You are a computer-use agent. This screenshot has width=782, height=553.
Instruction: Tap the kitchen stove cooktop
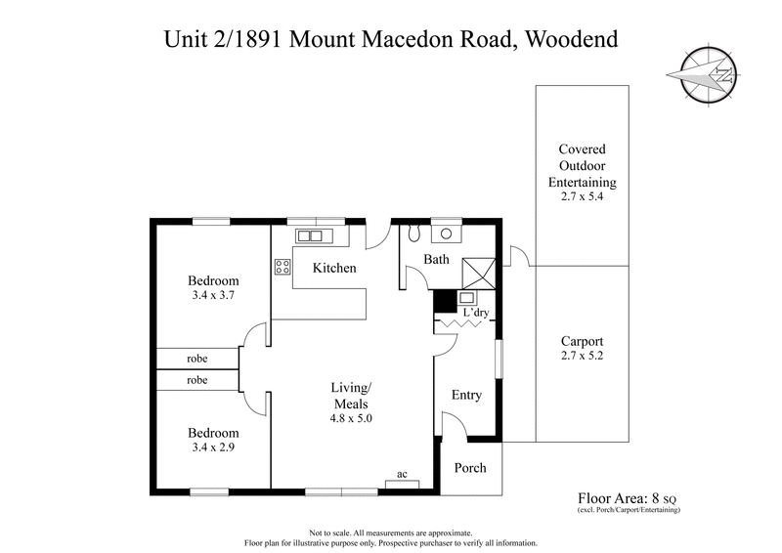click(x=282, y=268)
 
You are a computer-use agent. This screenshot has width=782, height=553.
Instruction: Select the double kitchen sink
click(x=310, y=235)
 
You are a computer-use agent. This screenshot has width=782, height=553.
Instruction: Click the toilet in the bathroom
click(x=413, y=234)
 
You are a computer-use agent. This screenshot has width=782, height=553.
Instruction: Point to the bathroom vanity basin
click(x=448, y=234)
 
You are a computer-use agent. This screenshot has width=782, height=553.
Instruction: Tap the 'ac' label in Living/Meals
click(x=401, y=475)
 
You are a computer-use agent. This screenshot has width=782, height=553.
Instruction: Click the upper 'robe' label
click(x=196, y=359)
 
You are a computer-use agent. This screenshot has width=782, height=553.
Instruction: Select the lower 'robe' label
click(x=196, y=381)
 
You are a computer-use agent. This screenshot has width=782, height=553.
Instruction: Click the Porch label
click(x=470, y=468)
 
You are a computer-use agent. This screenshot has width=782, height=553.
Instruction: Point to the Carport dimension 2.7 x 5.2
click(x=582, y=358)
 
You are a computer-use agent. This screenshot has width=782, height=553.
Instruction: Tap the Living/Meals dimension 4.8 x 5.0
click(x=352, y=418)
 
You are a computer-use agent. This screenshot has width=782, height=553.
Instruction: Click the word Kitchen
click(x=334, y=268)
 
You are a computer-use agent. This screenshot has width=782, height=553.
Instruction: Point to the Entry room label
click(x=466, y=395)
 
